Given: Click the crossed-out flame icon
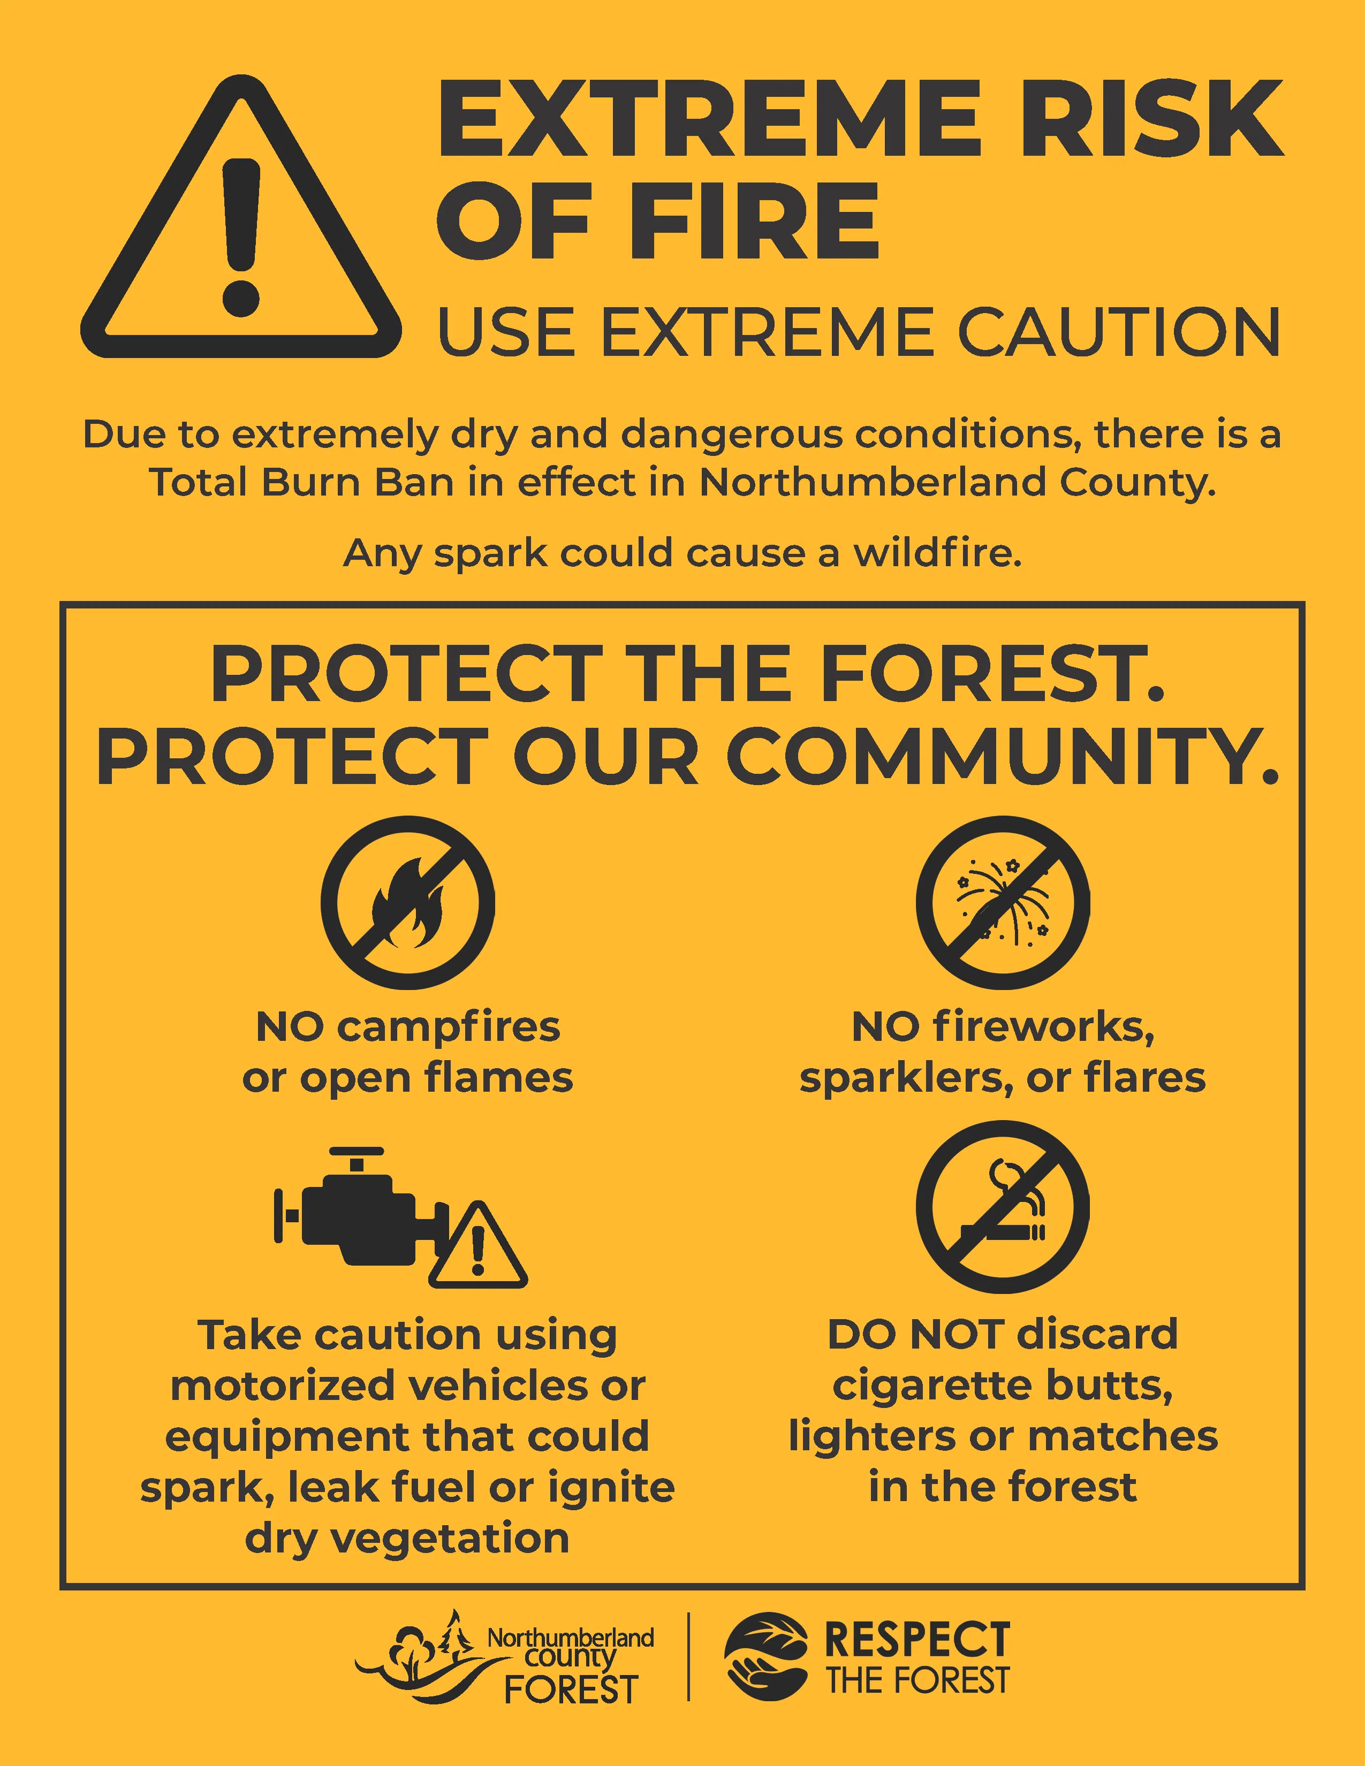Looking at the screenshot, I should click(407, 902).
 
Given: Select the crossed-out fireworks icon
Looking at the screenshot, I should click(1003, 902).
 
